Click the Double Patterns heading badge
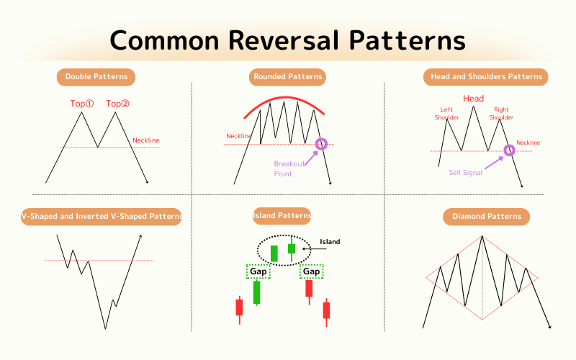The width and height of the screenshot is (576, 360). click(x=96, y=77)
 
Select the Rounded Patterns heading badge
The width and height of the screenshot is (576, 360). click(x=287, y=77)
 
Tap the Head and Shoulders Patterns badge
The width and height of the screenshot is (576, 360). click(x=485, y=77)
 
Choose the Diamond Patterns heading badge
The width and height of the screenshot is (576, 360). click(x=487, y=217)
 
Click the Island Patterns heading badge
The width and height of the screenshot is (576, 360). click(x=282, y=215)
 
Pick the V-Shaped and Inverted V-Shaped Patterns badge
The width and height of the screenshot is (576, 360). click(x=102, y=217)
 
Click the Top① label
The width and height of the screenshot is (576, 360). click(x=82, y=104)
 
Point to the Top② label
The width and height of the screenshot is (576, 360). click(x=117, y=104)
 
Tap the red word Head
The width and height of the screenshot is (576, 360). click(x=473, y=99)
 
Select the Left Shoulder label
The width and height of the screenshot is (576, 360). click(x=446, y=114)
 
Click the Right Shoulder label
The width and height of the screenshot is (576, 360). click(x=501, y=114)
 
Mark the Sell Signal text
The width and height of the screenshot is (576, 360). click(x=465, y=173)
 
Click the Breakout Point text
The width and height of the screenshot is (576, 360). click(x=289, y=168)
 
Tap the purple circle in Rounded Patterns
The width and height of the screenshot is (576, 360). click(x=321, y=144)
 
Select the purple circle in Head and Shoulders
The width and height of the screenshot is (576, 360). click(x=509, y=150)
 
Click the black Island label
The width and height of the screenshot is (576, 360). click(x=330, y=242)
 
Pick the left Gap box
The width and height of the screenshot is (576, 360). click(x=258, y=271)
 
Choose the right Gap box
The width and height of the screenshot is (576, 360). click(x=312, y=271)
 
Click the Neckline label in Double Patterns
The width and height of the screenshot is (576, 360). click(x=146, y=140)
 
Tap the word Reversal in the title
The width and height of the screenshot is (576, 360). click(x=284, y=40)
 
